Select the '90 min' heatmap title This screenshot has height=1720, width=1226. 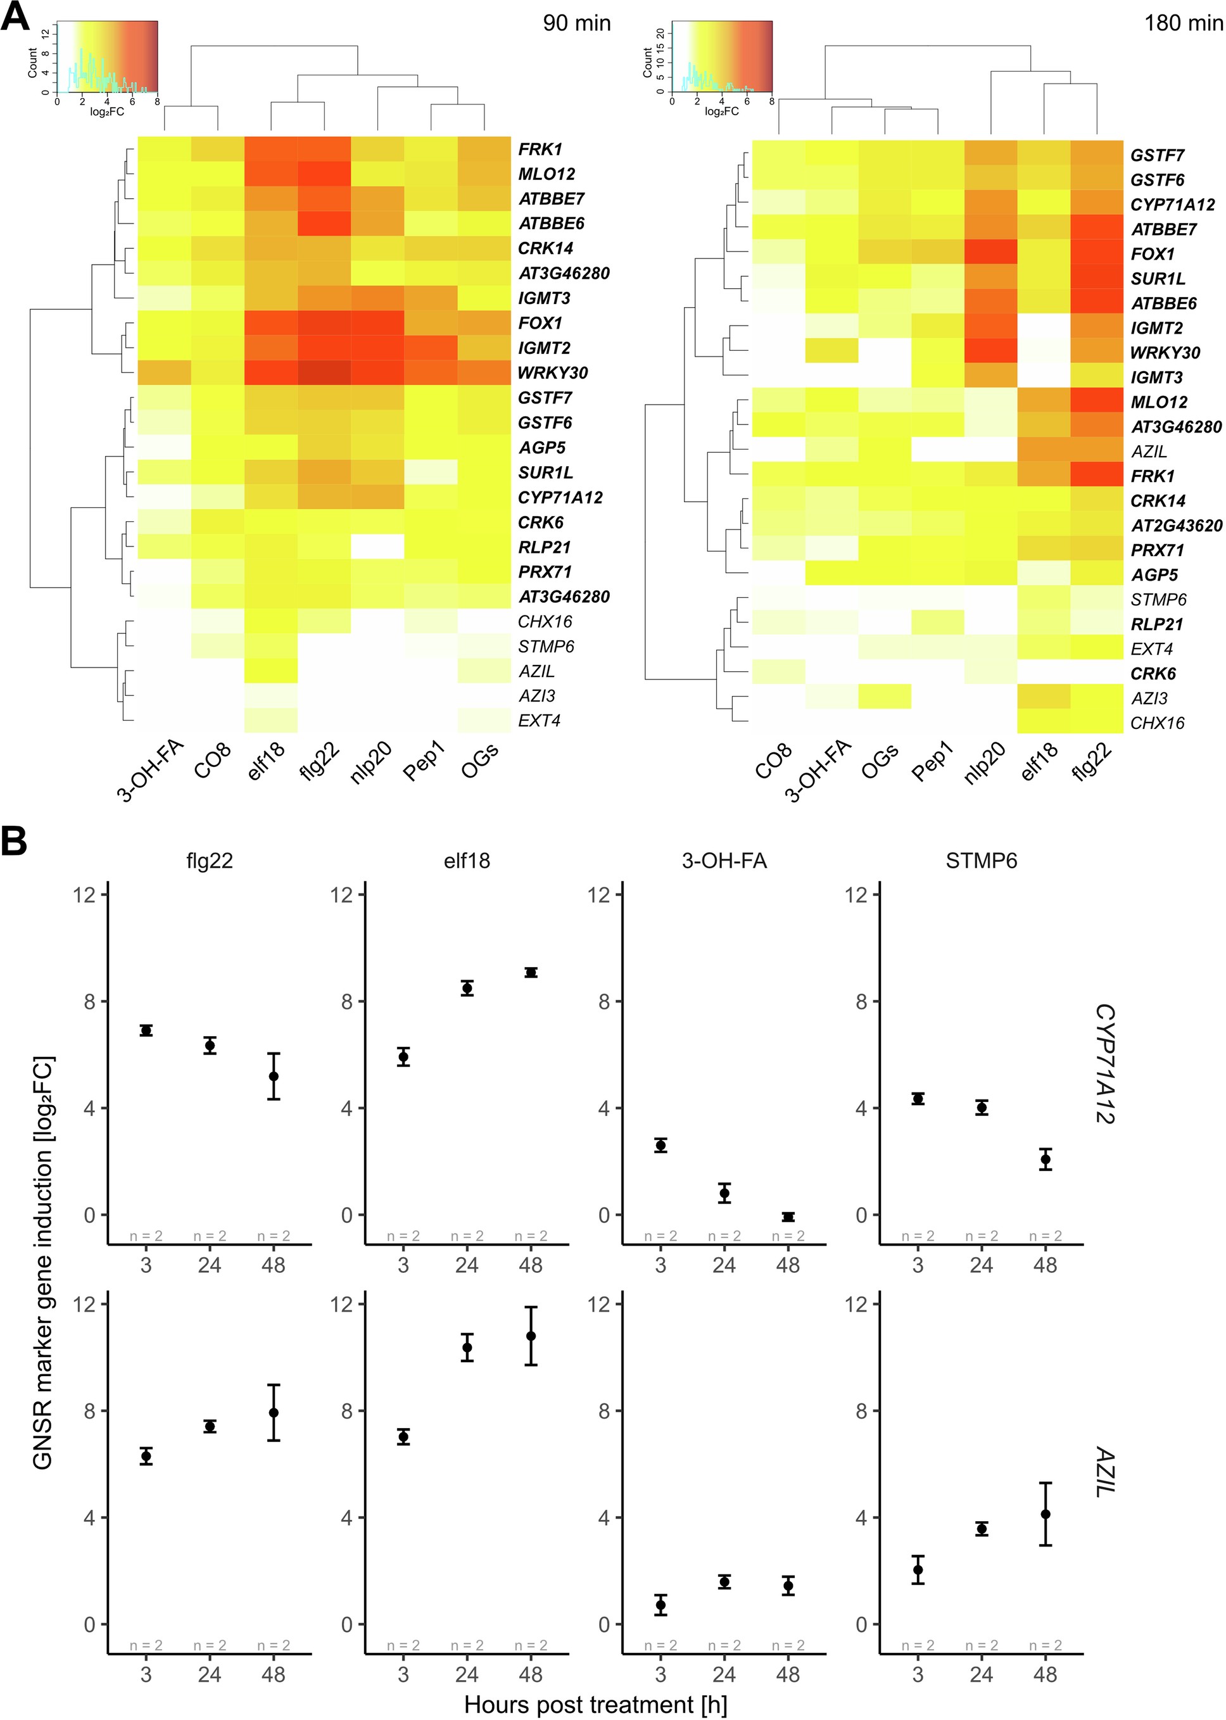point(576,23)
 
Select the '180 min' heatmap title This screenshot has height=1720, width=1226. point(1182,23)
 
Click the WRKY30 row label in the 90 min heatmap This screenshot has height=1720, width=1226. point(553,373)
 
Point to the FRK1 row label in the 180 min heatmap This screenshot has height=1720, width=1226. point(1152,476)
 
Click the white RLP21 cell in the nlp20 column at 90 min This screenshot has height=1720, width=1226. point(377,547)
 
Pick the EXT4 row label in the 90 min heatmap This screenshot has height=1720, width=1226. point(539,720)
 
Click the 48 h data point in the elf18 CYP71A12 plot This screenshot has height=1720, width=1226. point(531,973)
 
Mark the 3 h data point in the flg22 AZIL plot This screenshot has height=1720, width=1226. point(146,1456)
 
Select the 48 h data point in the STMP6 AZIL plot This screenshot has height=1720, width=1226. point(1045,1514)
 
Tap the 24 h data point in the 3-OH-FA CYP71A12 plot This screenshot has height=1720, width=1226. point(724,1193)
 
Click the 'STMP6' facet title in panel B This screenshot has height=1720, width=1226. point(981,861)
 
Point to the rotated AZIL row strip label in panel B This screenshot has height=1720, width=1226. point(1104,1472)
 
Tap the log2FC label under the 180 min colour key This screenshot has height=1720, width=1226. point(722,111)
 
